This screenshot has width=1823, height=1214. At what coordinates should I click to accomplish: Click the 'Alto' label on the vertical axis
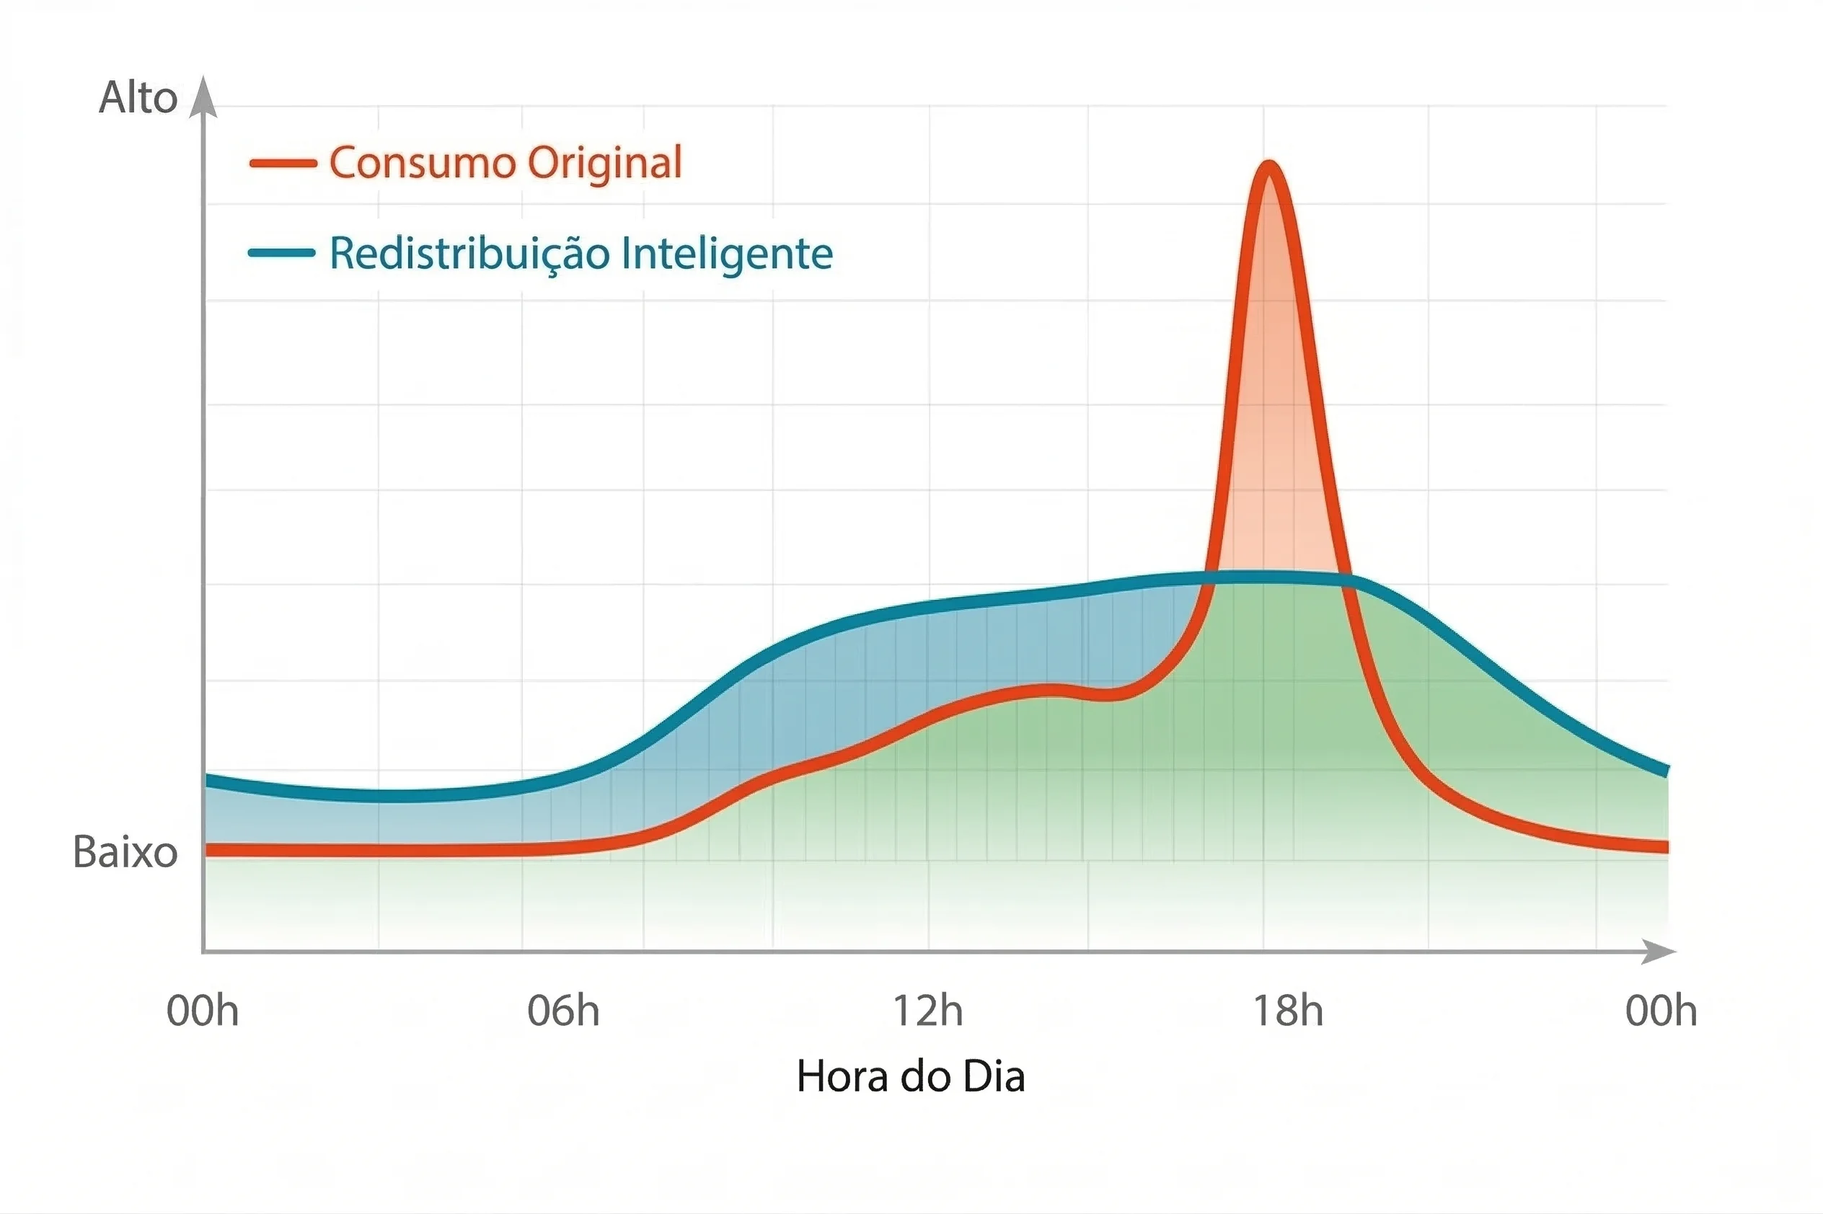coord(138,98)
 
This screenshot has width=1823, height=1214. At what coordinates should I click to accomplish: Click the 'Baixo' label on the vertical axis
coord(125,852)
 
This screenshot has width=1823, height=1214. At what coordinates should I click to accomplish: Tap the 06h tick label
coord(563,1011)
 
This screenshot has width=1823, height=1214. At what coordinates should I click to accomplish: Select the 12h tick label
coord(928,1011)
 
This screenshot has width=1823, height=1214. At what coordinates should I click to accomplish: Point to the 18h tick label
coord(1288,1011)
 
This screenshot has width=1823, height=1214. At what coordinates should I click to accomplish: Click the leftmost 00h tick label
coord(203,1011)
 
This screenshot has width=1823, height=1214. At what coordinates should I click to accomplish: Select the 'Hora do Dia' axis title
coord(911,1077)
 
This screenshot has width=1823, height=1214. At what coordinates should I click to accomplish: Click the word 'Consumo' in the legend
coord(422,164)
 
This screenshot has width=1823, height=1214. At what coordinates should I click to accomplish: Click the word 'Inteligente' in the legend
coord(727,254)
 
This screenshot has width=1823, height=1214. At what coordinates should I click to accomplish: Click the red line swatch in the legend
coord(283,164)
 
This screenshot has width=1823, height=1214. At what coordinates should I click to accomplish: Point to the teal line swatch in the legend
coord(282,253)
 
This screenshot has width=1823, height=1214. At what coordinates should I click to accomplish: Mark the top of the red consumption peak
coord(1269,166)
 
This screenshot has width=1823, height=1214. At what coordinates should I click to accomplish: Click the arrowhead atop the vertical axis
coord(203,97)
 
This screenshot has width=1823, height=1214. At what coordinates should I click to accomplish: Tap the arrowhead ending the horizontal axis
coord(1659,952)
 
